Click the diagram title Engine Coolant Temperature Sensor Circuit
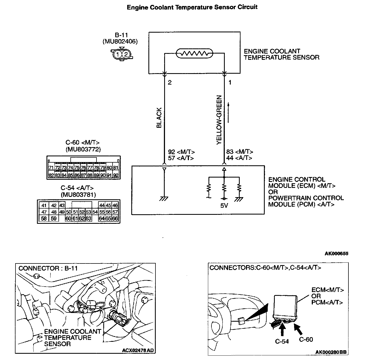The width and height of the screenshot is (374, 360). pos(192,7)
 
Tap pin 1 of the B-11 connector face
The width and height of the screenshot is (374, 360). pos(118,54)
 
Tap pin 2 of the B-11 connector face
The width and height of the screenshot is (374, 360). pos(126,54)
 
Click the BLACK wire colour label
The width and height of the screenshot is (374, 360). pos(159,118)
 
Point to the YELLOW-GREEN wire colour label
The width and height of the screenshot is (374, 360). pos(219,120)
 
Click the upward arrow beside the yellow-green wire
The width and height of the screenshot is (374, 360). pos(228,112)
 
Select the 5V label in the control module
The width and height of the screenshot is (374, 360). pos(224,206)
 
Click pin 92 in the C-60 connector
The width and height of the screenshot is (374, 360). pos(116,175)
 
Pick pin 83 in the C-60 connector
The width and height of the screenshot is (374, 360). pos(57,175)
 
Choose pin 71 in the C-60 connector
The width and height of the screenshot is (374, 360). pos(51,168)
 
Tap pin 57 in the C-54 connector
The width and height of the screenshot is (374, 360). pos(115,212)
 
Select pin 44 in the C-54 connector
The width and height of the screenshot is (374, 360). pos(102,206)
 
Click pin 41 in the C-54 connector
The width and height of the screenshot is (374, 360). pos(44,206)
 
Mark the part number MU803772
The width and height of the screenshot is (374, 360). pos(83,149)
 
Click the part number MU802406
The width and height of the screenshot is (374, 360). pos(120,42)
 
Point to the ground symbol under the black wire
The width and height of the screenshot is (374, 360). pos(164,199)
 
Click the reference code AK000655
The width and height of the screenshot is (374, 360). pos(336,254)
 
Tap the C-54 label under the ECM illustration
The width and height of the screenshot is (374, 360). pos(282,341)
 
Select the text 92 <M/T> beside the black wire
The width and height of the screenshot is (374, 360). pos(182,152)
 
